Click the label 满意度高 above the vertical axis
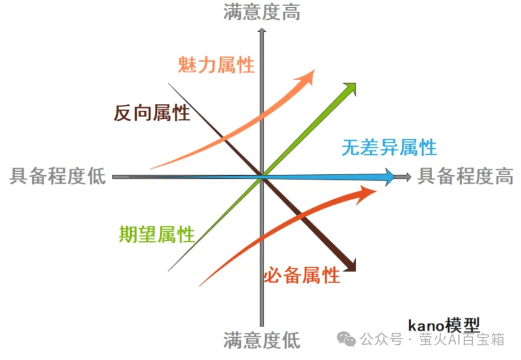[261, 12]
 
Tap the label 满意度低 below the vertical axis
[261, 340]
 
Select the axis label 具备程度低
[57, 177]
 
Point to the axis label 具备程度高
[465, 177]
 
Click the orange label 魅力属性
[216, 64]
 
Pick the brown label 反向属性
[151, 113]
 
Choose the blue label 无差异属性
[389, 147]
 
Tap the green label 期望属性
[157, 235]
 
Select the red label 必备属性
[302, 276]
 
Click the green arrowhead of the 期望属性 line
[351, 88]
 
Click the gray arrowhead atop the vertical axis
[262, 30]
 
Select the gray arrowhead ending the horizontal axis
[408, 177]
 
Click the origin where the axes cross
[262, 177]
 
